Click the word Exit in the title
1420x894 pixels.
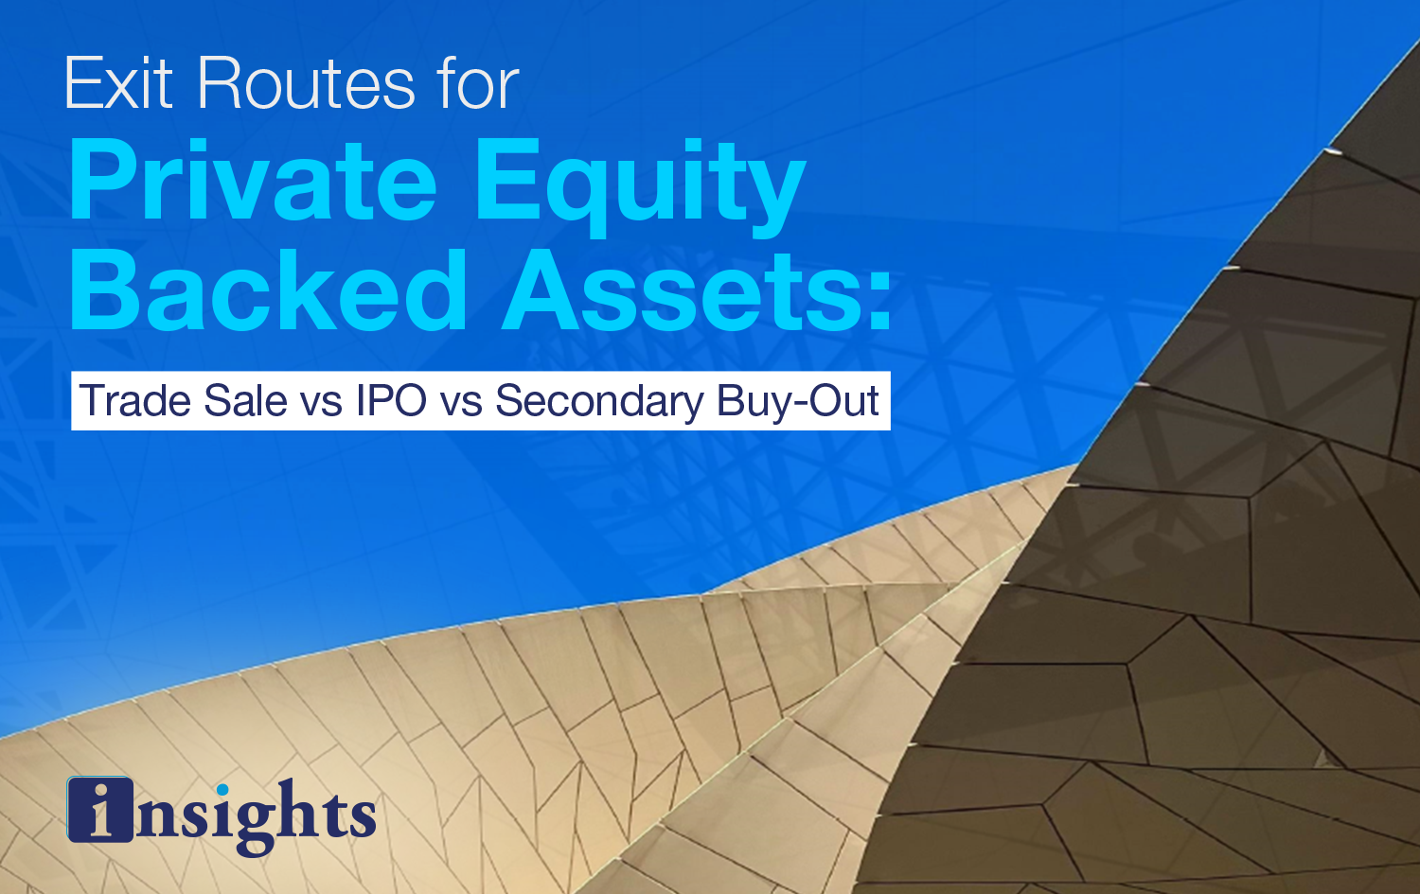(118, 83)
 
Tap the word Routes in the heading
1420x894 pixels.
(306, 83)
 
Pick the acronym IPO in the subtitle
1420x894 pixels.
(391, 400)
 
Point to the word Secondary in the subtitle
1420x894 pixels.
(599, 402)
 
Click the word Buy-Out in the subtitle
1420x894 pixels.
(797, 402)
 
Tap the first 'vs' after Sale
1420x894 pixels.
(322, 405)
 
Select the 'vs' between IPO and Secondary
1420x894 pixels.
(461, 405)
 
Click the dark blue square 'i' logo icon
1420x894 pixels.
(100, 810)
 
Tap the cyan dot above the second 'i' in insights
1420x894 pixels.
(222, 789)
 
